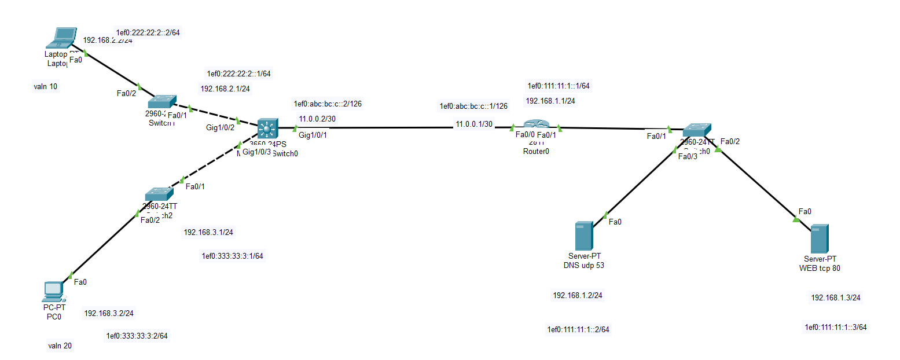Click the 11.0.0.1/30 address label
coord(474,124)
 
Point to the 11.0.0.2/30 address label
coord(317,119)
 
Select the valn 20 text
coord(60,346)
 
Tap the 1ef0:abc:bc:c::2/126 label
coord(328,104)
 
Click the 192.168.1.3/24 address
coord(835,297)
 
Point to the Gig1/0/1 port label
coord(313,135)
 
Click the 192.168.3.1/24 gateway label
coord(208,232)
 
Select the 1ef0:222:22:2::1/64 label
coord(238,74)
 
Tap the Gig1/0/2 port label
coord(219,127)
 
